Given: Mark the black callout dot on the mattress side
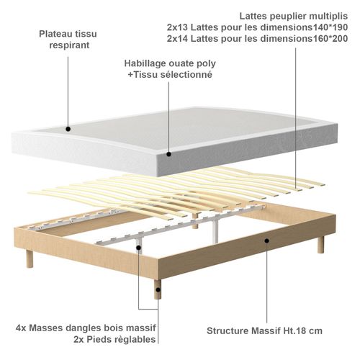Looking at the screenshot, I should pos(168,153).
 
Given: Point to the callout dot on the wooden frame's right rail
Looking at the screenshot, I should pos(267,241).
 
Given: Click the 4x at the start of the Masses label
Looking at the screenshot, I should pos(22,327).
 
